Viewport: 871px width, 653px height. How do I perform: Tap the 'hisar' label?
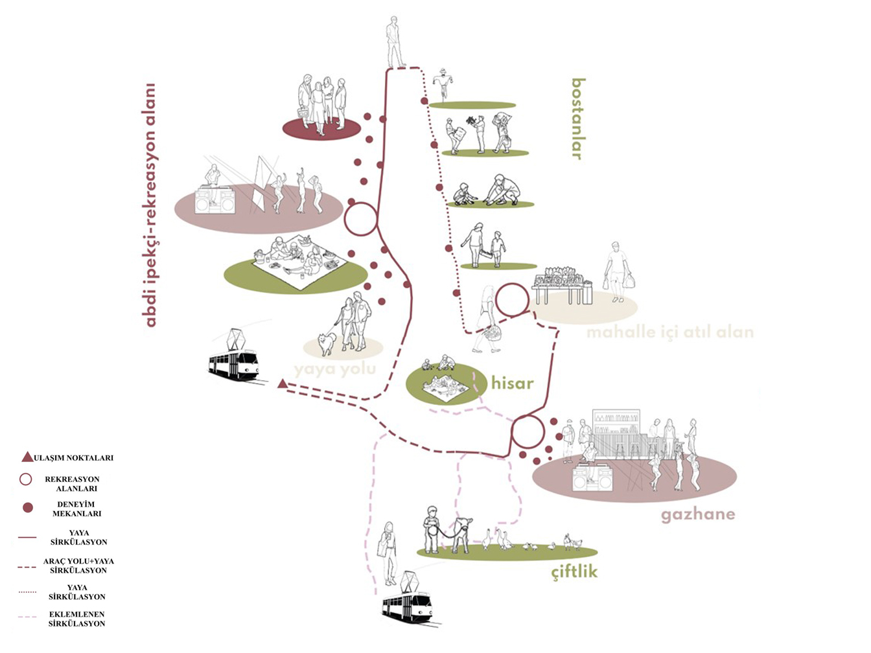512,384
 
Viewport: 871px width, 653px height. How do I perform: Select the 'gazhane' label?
698,515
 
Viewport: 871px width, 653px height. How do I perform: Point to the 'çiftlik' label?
574,572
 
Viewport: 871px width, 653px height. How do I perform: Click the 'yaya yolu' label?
334,369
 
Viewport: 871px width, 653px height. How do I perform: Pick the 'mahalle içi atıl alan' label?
670,333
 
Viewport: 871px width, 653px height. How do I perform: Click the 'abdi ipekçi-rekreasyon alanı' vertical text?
150,205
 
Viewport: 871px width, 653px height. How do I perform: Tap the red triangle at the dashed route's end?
282,384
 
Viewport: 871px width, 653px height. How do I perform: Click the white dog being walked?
326,343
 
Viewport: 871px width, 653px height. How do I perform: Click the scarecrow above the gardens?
442,82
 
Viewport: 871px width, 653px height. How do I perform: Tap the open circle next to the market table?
513,300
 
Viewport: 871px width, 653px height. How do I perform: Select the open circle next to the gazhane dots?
528,432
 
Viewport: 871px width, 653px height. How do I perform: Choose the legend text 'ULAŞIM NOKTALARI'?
73,458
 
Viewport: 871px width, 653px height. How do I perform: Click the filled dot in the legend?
27,508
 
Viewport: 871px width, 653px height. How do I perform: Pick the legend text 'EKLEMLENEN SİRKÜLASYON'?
76,619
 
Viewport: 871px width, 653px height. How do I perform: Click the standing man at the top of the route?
394,41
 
